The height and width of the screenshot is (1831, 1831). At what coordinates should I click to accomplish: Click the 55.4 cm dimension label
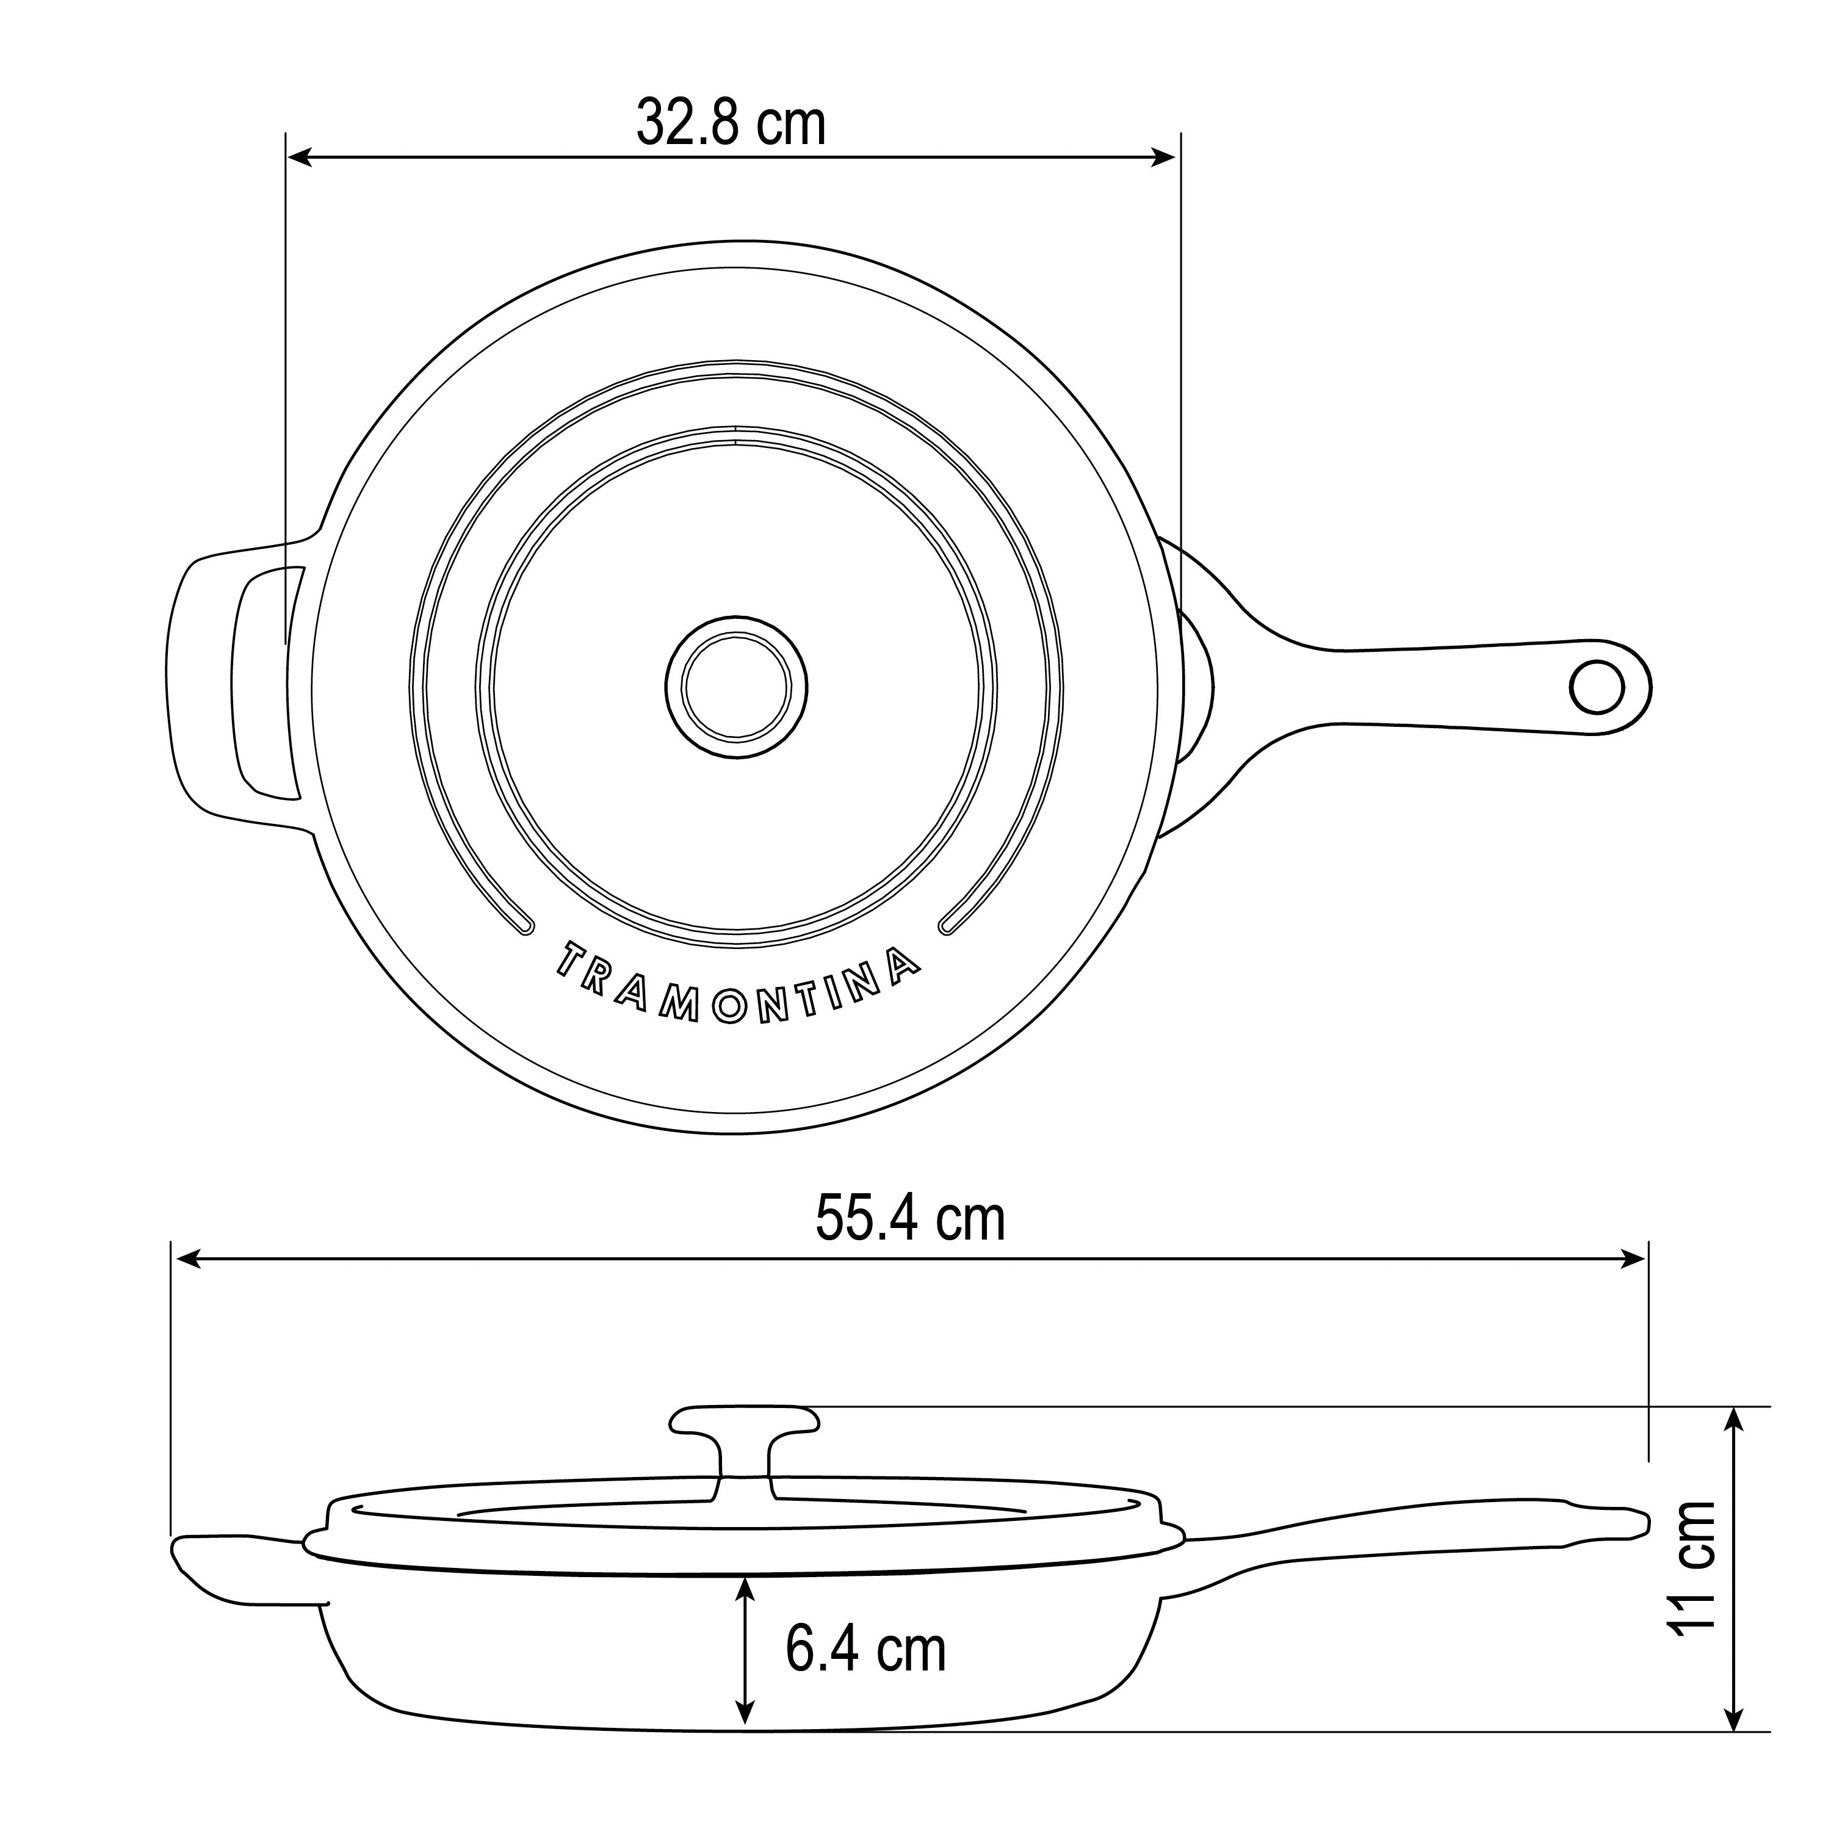coord(910,1219)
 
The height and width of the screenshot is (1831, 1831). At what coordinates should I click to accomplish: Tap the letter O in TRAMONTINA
coord(731,1008)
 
